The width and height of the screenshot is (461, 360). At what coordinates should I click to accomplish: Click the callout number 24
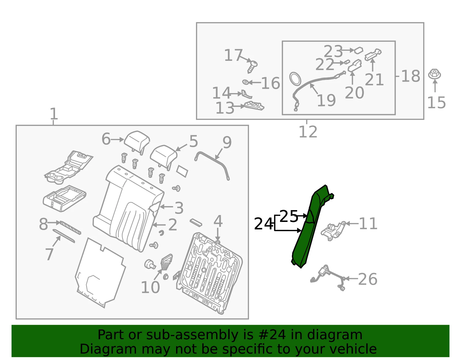263,224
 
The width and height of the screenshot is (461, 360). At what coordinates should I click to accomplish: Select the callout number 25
289,216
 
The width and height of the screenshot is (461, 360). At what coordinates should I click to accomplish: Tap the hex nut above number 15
434,74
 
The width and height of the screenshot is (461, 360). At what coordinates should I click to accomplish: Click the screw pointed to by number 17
252,67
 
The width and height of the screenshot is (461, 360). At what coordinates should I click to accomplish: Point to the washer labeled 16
245,82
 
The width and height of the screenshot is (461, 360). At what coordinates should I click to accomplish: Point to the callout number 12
308,132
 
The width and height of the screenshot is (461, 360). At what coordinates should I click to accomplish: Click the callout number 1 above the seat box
54,114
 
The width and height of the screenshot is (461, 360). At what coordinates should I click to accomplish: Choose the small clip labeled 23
358,50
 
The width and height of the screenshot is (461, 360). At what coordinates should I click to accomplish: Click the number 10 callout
150,287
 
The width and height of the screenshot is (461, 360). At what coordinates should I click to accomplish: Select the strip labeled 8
70,228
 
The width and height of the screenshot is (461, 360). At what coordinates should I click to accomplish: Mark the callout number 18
411,76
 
